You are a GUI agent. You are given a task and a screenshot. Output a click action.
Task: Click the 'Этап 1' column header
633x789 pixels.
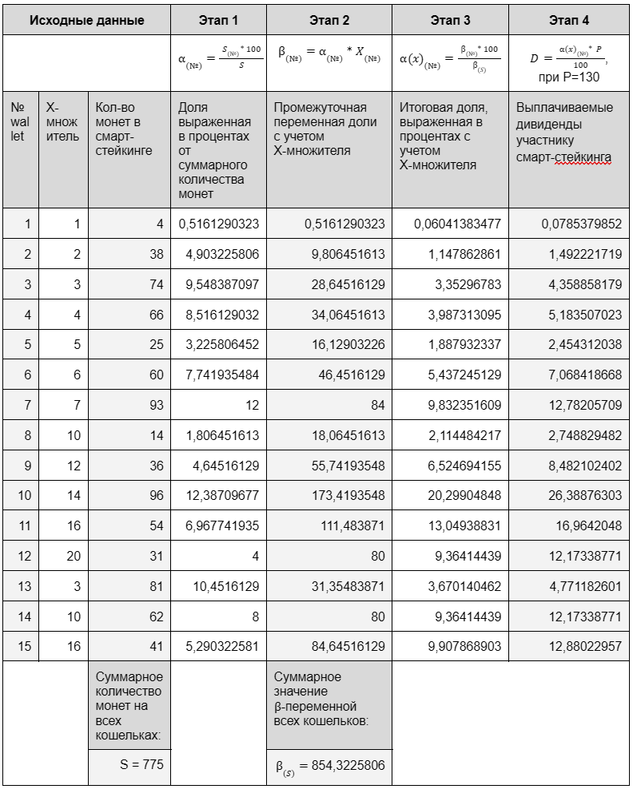218,19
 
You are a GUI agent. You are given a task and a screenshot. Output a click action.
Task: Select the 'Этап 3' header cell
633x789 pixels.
450,19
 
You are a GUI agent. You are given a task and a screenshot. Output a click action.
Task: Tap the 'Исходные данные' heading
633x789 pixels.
86,19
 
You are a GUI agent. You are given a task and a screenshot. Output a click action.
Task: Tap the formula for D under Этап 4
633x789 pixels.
569,62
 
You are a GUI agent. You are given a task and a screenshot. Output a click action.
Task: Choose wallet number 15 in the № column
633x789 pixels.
24,646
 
